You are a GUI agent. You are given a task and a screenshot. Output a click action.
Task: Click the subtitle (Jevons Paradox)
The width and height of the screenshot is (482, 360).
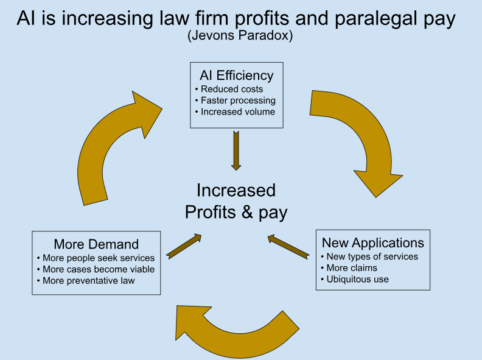240,36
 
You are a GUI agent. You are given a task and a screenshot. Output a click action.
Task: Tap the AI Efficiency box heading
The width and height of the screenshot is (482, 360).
236,76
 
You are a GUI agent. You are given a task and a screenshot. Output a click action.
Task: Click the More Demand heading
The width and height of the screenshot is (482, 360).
96,245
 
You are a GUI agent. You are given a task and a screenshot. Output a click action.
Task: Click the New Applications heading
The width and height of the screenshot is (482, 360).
372,243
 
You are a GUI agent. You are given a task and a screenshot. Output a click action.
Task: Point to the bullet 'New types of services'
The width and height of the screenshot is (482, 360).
372,256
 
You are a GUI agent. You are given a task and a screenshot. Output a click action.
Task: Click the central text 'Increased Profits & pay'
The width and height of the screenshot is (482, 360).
236,201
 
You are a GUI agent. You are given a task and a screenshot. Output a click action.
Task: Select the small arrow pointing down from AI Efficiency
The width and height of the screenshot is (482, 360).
236,150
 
